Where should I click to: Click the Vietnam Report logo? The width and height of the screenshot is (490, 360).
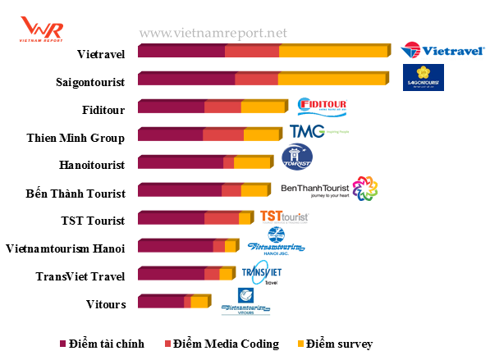coord(41,29)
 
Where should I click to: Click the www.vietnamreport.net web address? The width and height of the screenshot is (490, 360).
coord(213,34)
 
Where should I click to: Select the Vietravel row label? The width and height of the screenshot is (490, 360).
coord(100,54)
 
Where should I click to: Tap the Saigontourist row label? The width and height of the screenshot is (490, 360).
coord(90,82)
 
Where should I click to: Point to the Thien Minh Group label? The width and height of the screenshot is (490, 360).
coord(76,138)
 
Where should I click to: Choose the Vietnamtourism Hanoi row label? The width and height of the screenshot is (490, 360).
coord(65,248)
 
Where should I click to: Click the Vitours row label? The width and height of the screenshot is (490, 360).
coord(106,304)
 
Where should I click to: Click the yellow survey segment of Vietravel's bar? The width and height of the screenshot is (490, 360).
coord(333,52)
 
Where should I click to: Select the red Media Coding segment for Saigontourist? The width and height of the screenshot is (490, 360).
coord(256,80)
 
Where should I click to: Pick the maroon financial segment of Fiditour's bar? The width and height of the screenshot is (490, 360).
coord(171,107)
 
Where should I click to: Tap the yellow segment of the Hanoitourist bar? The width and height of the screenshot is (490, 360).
coord(252,163)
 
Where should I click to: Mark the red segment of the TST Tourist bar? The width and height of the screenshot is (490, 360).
coord(222,219)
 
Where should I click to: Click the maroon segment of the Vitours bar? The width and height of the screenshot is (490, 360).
coord(161,303)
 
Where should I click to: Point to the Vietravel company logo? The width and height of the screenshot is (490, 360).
coord(431,51)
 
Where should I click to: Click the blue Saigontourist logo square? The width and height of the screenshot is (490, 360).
coord(424,78)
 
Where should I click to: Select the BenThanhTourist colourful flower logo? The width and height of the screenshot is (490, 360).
coord(364,189)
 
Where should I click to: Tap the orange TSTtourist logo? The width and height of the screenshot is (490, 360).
coord(284,216)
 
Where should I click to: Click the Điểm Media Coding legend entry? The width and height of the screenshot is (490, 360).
coord(222,344)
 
